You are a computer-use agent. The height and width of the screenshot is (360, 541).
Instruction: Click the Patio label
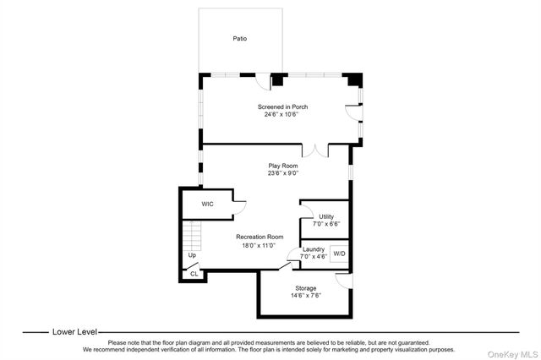click(x=240, y=38)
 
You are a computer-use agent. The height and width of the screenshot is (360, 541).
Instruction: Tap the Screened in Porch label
click(x=282, y=106)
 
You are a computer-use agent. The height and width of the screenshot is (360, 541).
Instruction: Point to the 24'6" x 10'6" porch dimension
click(x=281, y=114)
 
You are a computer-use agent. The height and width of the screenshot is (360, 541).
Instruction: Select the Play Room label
click(x=283, y=166)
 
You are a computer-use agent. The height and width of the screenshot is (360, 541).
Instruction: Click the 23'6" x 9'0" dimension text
click(x=283, y=173)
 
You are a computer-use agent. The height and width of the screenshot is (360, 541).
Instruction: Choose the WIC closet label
click(x=207, y=205)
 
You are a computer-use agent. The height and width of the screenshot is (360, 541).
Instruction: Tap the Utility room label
click(x=326, y=216)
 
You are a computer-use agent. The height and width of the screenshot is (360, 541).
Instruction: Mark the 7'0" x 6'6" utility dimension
click(x=326, y=224)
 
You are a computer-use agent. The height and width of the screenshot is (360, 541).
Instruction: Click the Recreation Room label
click(x=260, y=237)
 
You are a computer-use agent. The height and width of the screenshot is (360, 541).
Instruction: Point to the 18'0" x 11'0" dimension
click(x=259, y=246)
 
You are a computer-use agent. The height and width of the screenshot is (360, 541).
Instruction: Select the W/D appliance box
click(x=339, y=254)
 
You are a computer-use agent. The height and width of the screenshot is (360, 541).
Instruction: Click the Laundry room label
click(x=314, y=249)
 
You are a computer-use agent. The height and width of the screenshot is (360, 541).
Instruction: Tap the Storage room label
click(x=306, y=288)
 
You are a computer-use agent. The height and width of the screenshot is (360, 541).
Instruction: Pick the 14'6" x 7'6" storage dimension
click(x=306, y=296)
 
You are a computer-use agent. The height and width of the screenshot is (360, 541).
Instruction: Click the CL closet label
click(x=194, y=274)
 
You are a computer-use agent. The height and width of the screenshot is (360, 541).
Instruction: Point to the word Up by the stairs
click(x=192, y=255)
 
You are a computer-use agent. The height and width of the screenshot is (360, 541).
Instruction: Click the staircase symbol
click(x=192, y=236)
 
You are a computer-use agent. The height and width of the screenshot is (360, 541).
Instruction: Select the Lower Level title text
click(x=74, y=332)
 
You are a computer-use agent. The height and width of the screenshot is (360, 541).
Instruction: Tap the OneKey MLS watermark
click(x=513, y=354)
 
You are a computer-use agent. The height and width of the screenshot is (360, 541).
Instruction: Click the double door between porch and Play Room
click(x=315, y=152)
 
